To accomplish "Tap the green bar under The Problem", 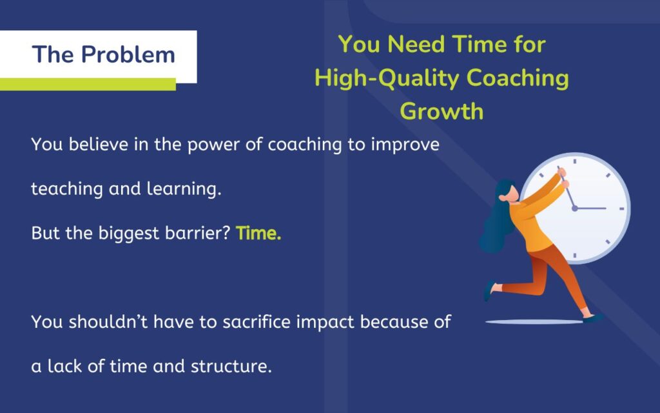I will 88,85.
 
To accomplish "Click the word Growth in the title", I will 442,111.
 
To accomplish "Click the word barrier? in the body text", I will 199,233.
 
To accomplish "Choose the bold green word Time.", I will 258,233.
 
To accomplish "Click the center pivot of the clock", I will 574,208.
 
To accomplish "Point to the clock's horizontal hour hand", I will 591,208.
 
